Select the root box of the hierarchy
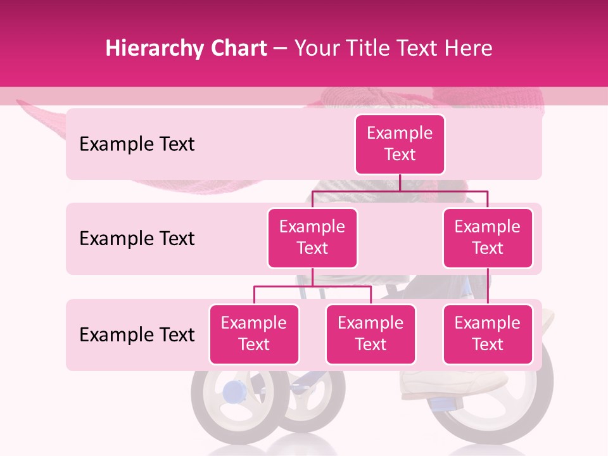400,144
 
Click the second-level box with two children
312,237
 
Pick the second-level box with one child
488,237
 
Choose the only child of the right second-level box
488,334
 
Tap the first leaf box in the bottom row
254,334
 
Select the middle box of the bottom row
370,334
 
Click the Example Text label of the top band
137,144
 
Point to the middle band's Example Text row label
137,238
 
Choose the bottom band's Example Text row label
137,334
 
